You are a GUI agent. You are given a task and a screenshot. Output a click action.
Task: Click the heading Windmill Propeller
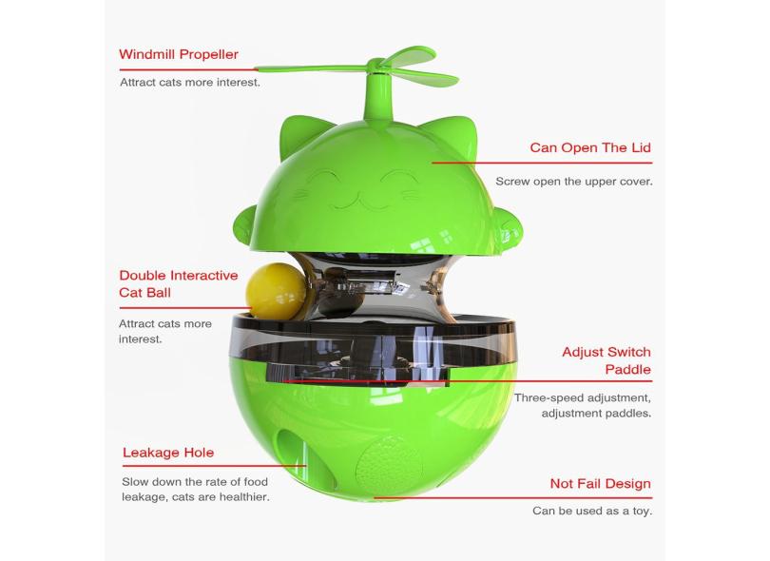179,54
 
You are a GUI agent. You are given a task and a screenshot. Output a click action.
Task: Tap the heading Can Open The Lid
590,147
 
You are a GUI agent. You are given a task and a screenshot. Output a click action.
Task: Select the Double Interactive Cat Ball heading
179,284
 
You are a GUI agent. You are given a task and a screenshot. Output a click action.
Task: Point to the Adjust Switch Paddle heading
606,360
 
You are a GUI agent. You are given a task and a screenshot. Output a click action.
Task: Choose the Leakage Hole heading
168,453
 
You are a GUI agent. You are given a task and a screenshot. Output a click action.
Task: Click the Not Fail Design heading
600,483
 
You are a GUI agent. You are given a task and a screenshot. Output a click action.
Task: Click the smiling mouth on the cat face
358,202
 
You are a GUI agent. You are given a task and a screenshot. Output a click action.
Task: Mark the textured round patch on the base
389,463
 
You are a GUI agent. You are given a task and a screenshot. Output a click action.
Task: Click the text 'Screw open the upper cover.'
574,182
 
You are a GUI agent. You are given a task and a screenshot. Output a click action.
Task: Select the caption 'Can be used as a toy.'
592,511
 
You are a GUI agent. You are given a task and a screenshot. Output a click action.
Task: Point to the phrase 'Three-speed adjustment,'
583,397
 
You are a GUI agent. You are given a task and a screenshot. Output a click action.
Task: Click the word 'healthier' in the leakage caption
244,497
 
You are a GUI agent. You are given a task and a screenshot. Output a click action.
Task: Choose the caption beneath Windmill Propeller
190,83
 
